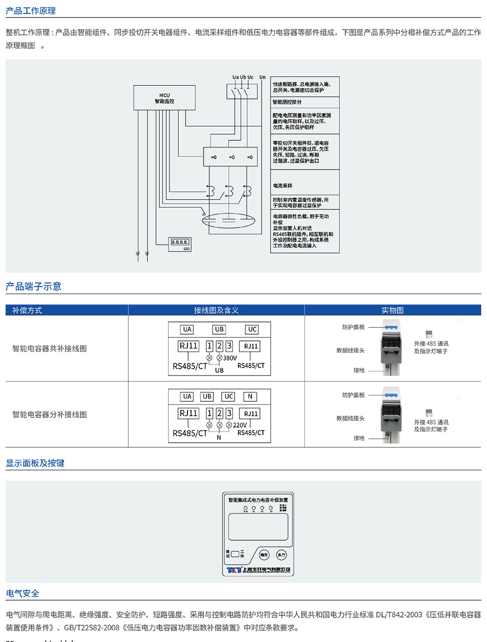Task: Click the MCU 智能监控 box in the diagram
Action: tap(164, 98)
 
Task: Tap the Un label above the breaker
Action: tap(262, 77)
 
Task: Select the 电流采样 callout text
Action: tap(282, 186)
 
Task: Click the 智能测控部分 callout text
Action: tap(287, 102)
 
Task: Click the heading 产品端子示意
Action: tap(33, 286)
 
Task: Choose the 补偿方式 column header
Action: tap(27, 310)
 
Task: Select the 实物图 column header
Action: tap(392, 310)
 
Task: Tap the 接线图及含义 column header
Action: tap(216, 310)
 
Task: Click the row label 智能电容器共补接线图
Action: tap(50, 348)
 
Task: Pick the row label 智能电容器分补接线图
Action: tap(50, 415)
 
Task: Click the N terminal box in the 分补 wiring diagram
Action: tap(250, 397)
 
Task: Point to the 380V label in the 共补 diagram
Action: tap(230, 358)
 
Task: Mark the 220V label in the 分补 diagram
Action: tap(240, 425)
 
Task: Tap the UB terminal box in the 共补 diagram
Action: tap(219, 330)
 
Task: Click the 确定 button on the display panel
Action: tap(263, 555)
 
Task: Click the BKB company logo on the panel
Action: tap(234, 570)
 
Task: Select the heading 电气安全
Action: tap(22, 593)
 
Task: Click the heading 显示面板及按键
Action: tap(35, 463)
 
